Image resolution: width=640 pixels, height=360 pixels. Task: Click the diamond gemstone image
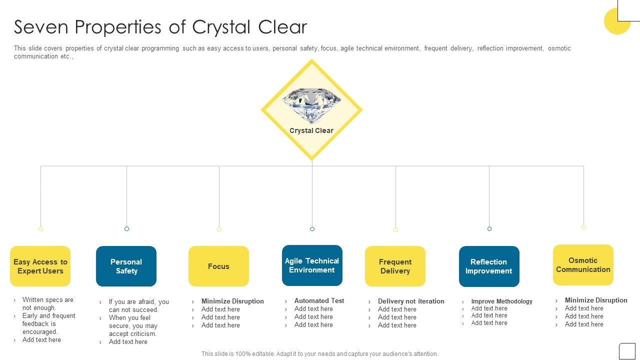[311, 105]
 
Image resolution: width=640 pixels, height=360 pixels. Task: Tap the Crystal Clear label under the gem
[311, 130]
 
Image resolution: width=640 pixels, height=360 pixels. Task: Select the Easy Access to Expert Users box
[40, 266]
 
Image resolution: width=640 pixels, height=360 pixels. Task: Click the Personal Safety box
[126, 266]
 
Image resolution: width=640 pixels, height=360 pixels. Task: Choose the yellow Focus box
[218, 266]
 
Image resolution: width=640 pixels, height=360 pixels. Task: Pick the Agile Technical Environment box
[312, 265]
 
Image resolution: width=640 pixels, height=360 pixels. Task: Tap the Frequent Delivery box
[395, 266]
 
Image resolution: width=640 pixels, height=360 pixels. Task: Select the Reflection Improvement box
[489, 266]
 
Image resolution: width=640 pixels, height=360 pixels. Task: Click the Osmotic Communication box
[583, 264]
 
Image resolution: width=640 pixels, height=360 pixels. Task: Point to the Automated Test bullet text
[319, 300]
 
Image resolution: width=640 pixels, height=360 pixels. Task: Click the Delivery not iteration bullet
[411, 301]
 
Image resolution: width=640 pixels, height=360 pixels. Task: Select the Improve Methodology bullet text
[501, 301]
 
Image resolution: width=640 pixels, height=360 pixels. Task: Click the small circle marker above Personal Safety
[126, 228]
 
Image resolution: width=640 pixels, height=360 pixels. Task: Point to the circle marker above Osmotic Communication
[583, 227]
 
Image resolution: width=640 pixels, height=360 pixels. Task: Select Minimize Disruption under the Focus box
[232, 301]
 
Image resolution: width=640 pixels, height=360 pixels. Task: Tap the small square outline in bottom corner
[627, 351]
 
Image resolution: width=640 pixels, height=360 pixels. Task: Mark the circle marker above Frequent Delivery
[395, 230]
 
